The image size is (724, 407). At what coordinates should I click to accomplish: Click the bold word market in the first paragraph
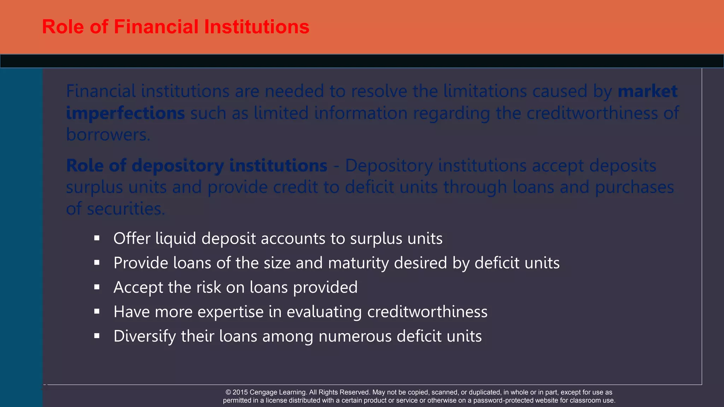[x=647, y=91]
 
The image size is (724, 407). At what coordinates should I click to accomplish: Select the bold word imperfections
[x=125, y=113]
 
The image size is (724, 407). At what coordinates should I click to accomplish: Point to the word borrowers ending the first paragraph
[x=107, y=135]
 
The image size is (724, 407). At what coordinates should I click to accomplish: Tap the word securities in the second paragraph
[x=125, y=209]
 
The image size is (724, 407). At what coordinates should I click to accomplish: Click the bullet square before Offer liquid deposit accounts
[x=97, y=238]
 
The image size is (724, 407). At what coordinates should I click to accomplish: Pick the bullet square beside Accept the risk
[x=97, y=287]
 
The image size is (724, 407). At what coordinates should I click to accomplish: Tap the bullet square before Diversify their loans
[x=97, y=336]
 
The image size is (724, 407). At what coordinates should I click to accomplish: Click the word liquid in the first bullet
[x=175, y=239]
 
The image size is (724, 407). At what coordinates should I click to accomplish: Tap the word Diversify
[x=144, y=336]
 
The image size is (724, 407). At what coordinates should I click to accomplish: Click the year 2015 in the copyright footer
[x=240, y=392]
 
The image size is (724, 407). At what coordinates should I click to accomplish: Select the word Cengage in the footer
[x=264, y=392]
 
